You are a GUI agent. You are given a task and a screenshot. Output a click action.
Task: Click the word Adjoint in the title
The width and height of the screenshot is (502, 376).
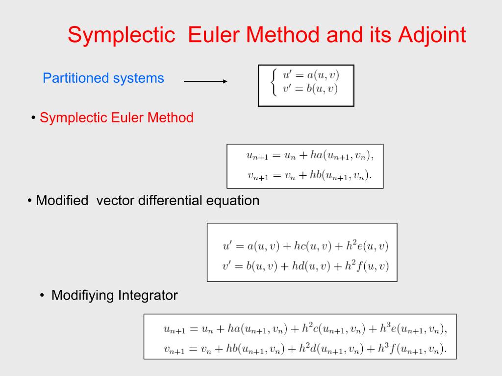(x=432, y=35)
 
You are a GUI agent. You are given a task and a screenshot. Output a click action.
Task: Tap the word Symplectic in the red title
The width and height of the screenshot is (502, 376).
(x=122, y=35)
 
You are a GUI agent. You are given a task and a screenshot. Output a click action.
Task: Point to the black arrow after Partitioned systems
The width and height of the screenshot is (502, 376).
(x=205, y=81)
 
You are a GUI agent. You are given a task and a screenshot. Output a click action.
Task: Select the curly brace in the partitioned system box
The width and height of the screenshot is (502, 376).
(x=274, y=82)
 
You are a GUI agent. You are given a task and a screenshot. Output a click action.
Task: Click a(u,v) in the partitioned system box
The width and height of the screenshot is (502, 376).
(x=323, y=75)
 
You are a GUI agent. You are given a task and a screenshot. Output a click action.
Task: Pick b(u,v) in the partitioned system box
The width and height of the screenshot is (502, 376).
(x=322, y=89)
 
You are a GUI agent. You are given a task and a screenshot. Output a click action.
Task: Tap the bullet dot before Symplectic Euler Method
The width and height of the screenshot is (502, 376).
(x=33, y=118)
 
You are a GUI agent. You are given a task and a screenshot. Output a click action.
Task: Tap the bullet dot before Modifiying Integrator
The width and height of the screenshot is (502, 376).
(x=42, y=295)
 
